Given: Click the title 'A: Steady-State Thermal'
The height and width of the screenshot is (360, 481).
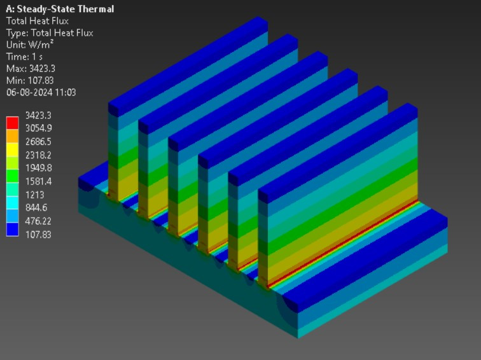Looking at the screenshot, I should tap(60, 9).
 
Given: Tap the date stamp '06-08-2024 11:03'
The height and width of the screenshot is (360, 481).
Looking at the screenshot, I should tap(41, 92).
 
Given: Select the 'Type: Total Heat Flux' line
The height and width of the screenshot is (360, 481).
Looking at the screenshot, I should tap(50, 32).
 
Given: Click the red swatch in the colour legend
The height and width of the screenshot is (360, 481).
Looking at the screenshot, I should tap(13, 121).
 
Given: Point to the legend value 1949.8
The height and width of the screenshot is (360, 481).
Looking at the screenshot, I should tap(38, 167).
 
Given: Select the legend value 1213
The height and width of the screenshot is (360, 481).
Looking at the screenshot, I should tap(34, 194).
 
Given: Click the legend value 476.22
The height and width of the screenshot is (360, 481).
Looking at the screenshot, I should tap(38, 221).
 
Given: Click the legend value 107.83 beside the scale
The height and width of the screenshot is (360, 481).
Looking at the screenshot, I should tap(38, 234).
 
